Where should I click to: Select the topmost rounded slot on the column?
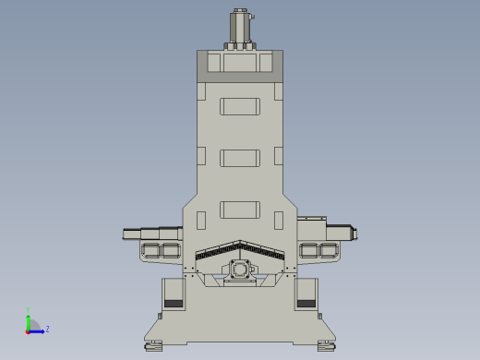point(240,106)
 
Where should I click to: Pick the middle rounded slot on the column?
point(240,158)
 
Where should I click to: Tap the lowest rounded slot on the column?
point(240,210)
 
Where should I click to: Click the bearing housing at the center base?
point(240,271)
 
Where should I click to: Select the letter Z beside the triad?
point(47,329)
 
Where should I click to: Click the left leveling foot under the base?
point(153,346)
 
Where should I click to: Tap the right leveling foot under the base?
point(326,346)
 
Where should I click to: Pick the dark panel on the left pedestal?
point(174,303)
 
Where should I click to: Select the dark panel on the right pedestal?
point(306,303)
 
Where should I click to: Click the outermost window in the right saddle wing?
point(329,250)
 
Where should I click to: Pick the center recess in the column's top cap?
point(240,63)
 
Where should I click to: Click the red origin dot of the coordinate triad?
point(29,330)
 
